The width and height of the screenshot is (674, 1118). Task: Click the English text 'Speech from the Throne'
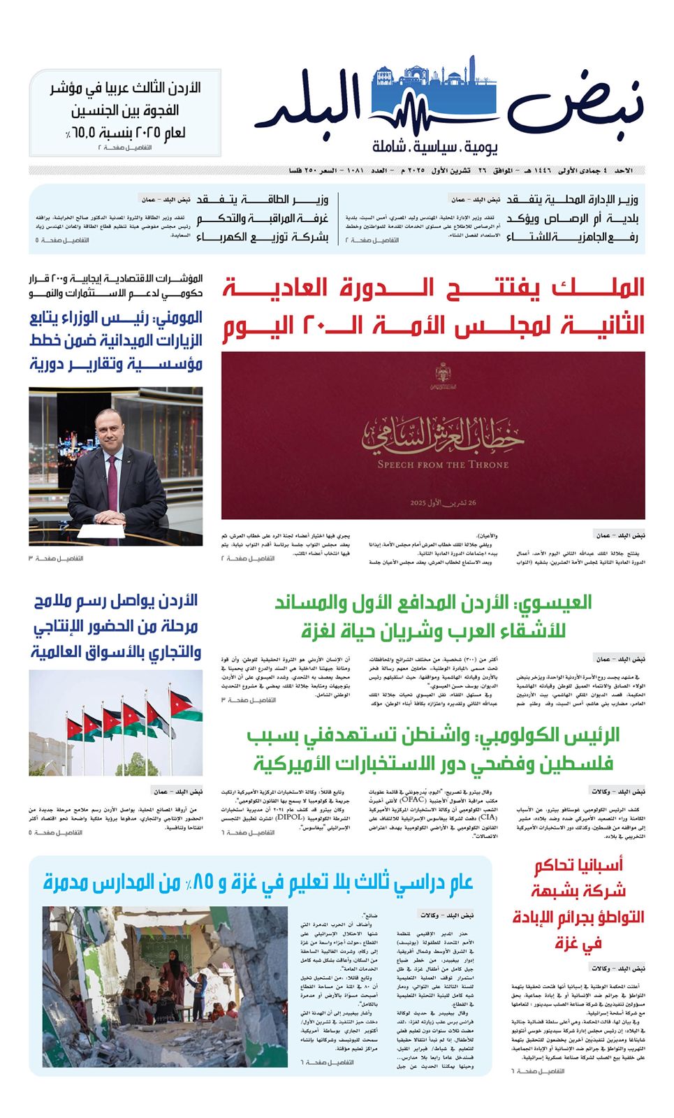tap(443, 465)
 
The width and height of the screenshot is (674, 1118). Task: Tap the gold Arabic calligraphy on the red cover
tap(443, 434)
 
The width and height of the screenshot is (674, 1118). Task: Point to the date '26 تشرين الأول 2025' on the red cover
tap(443, 502)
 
